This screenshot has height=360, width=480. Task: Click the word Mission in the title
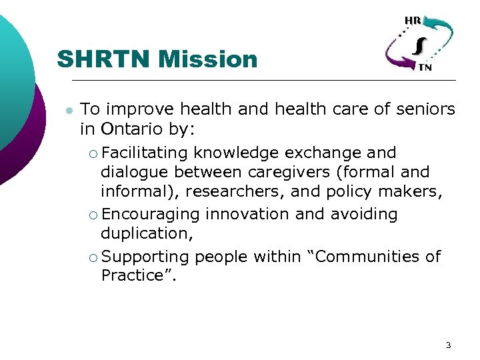209,59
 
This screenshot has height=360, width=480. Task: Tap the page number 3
448,345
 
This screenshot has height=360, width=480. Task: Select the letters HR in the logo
413,21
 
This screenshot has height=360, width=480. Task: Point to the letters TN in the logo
424,67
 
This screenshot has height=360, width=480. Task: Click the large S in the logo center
419,45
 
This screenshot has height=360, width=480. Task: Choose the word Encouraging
151,214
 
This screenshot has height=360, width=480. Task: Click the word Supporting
146,257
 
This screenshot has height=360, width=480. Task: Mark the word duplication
143,233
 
